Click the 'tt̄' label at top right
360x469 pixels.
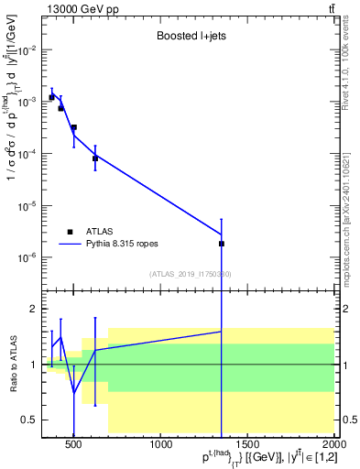(330, 8)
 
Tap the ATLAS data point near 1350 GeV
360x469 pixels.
(223, 244)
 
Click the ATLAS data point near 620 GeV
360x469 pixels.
(95, 158)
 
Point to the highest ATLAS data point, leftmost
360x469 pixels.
(51, 97)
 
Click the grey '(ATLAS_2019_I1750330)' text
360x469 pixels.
(191, 274)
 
